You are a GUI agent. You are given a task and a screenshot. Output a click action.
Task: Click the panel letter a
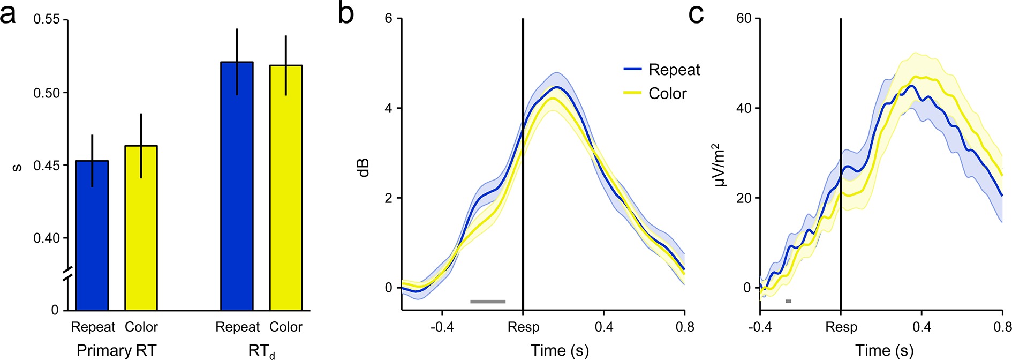point(9,14)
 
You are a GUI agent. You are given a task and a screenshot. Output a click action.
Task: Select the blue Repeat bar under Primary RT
point(92,236)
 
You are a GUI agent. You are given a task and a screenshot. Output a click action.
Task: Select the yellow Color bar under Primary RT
point(141,228)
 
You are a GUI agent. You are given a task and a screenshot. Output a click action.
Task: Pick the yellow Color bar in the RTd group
point(285,188)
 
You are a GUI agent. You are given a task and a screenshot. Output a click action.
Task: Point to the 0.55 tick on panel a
point(47,20)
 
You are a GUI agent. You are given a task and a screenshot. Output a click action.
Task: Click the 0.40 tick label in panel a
point(47,238)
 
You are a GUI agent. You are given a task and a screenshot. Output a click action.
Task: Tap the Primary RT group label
point(116,350)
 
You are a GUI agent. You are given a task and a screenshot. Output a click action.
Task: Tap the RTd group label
point(261,351)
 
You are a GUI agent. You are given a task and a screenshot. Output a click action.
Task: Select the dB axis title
point(364,168)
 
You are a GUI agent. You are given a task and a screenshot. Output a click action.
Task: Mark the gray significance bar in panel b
point(488,302)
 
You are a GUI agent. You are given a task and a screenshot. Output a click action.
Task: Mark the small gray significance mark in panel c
point(788,302)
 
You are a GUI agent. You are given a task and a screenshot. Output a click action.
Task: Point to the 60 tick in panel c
point(744,19)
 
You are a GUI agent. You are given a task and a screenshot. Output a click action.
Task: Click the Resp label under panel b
point(523,327)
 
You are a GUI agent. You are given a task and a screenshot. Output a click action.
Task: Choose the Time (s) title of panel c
point(884,350)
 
